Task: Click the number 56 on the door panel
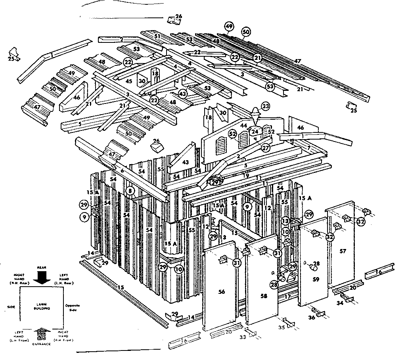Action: pos(221,291)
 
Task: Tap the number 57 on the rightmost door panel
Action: pos(343,251)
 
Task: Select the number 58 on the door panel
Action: pos(263,296)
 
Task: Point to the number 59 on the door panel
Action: pos(316,279)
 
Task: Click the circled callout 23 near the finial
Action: pos(265,106)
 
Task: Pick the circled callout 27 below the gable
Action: pos(265,147)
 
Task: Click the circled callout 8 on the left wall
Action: pos(129,191)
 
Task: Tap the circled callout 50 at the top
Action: pos(246,31)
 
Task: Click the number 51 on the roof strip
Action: pos(157,36)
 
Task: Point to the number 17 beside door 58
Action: pos(288,296)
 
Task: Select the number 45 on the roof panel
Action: pos(128,81)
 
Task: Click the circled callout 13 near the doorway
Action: pos(285,221)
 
